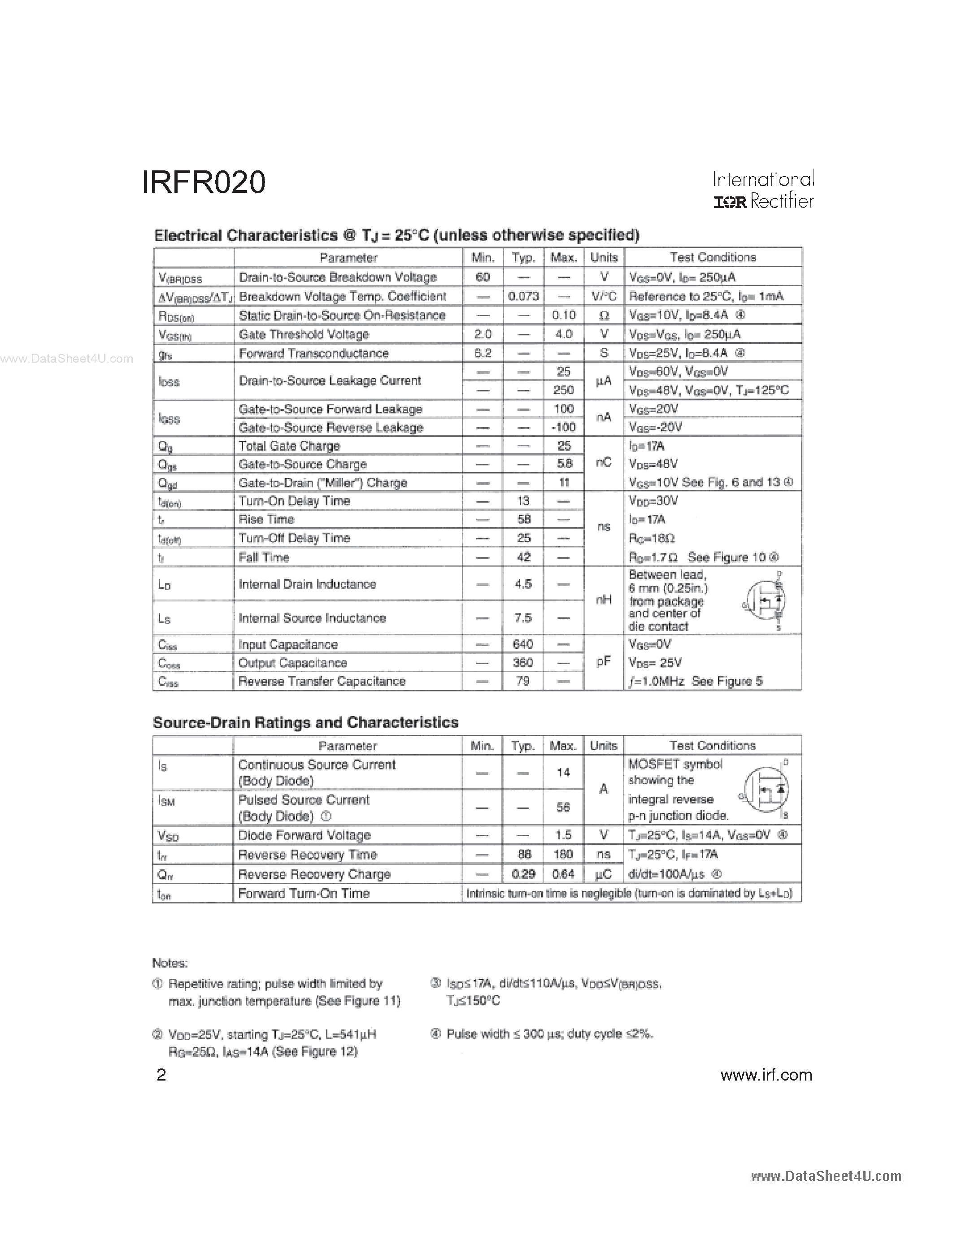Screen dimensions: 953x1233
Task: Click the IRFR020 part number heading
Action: point(203,182)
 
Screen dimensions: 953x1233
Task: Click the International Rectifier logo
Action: point(763,190)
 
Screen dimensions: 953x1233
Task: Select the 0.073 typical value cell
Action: point(523,296)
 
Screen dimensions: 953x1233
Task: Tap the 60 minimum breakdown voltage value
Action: point(483,277)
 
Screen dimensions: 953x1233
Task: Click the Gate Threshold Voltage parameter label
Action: point(304,334)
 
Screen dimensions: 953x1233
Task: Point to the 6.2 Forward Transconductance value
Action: point(483,353)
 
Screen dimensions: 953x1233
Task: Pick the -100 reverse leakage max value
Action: point(563,427)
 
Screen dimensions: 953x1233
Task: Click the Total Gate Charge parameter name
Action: point(289,446)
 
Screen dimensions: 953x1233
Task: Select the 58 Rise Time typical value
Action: point(523,519)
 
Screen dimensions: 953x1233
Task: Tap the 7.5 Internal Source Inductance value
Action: point(523,618)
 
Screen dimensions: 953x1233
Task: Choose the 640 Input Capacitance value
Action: point(523,644)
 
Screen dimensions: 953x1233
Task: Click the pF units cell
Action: point(604,662)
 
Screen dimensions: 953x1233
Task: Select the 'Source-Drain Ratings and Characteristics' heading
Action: point(305,723)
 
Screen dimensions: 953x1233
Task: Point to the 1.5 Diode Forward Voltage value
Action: point(563,835)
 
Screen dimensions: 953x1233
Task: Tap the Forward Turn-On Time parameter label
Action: point(304,893)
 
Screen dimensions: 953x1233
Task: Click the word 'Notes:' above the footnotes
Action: point(170,963)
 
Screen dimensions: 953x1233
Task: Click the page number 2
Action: point(161,1075)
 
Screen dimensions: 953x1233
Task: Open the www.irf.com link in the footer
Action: point(766,1075)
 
